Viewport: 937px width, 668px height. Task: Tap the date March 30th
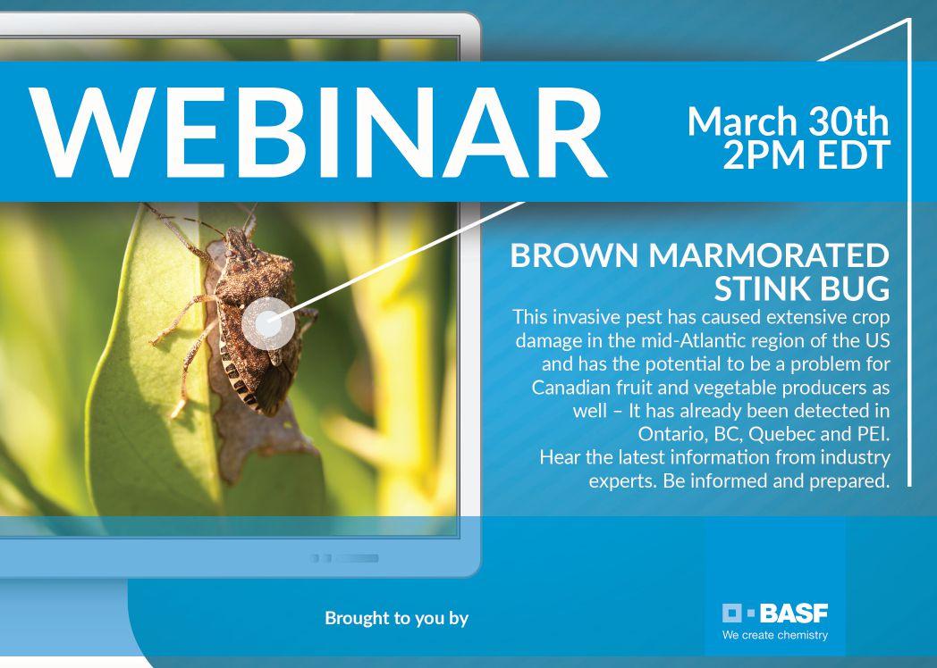coord(789,121)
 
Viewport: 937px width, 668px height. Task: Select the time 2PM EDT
coord(806,155)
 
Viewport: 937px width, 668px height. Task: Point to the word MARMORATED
coord(770,255)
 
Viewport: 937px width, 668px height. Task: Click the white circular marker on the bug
coord(268,323)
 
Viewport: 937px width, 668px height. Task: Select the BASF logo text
coord(794,614)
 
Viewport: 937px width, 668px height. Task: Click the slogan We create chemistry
coord(775,635)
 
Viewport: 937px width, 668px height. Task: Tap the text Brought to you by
coord(397,619)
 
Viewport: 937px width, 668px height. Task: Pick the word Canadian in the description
coord(570,388)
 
